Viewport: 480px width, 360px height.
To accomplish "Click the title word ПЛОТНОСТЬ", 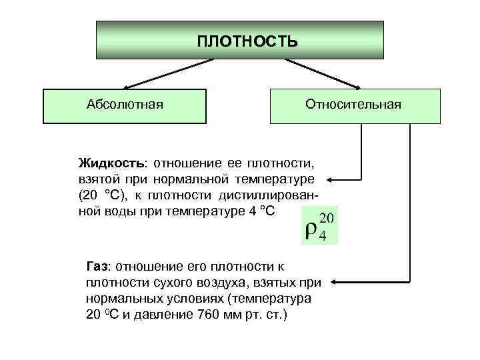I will tap(247, 41).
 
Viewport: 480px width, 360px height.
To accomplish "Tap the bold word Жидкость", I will tap(111, 163).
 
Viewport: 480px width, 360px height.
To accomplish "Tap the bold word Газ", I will tap(97, 265).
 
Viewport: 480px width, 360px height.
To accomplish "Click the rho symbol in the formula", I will tap(311, 230).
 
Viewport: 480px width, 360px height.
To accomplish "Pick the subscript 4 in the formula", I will tap(323, 237).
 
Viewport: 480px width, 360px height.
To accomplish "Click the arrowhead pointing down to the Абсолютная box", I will tap(126, 87).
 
